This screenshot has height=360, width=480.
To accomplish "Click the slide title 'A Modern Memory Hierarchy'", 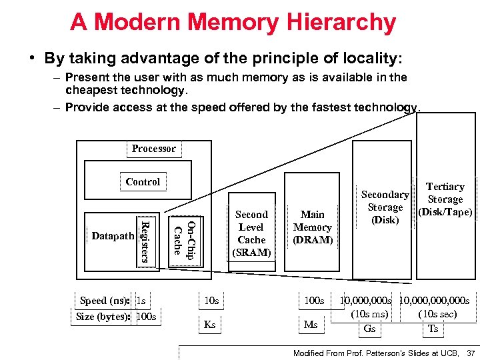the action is click(x=233, y=22).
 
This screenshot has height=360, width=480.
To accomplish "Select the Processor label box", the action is click(x=153, y=149).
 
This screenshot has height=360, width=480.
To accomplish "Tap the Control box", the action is click(x=143, y=181).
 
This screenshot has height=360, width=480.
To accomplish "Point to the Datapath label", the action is click(x=112, y=235).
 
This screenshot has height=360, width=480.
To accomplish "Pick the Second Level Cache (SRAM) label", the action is click(x=251, y=233).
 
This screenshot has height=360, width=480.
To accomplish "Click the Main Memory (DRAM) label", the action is click(x=312, y=227).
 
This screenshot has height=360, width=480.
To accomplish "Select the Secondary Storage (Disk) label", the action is click(x=385, y=207).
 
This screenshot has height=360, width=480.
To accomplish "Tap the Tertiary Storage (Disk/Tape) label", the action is click(x=445, y=199).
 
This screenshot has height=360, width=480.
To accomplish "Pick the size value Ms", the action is click(x=310, y=325).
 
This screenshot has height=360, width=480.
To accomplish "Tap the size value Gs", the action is click(x=369, y=329).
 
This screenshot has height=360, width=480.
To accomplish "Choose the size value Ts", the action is click(x=433, y=329).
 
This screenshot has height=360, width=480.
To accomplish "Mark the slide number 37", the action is click(x=471, y=352).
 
